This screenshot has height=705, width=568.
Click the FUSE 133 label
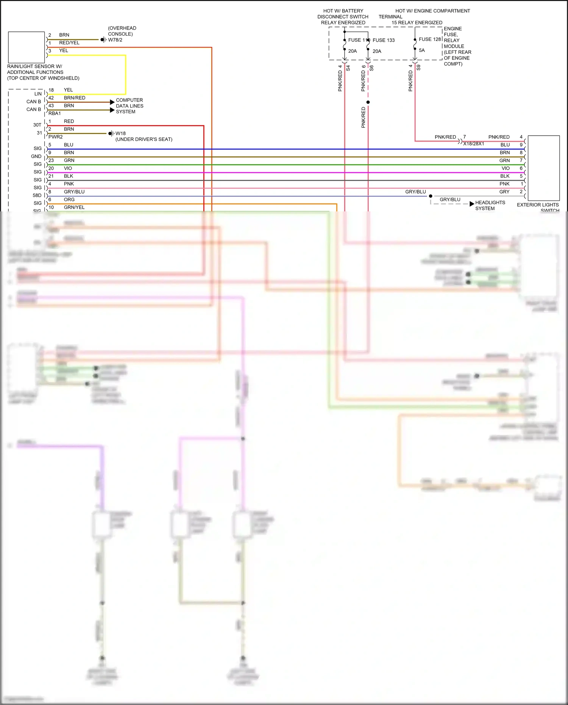point(383,40)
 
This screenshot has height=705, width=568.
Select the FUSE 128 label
point(430,39)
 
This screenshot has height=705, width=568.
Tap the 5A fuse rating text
point(421,50)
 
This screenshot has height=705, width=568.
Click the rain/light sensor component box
point(27,47)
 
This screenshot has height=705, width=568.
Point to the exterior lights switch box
point(543,168)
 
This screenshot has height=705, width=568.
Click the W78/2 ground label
point(115,40)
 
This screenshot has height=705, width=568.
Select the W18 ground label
point(120,133)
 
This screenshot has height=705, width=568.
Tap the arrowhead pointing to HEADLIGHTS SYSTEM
point(472,204)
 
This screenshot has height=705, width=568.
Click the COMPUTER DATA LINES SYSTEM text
point(130,106)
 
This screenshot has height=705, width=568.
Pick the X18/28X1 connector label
point(473,144)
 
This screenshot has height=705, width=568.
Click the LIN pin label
point(38,94)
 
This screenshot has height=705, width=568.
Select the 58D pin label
point(37,195)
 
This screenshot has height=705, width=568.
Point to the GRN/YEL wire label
point(74,207)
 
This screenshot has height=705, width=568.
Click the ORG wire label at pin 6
point(69,200)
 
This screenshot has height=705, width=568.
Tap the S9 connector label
point(418,68)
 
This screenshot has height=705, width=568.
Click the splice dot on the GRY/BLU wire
point(431,196)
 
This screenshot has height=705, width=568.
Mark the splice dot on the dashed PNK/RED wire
point(368,102)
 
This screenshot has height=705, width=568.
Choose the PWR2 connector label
point(55,137)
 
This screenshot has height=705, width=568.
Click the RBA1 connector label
point(55,113)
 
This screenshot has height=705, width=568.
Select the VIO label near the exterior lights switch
point(506,168)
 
